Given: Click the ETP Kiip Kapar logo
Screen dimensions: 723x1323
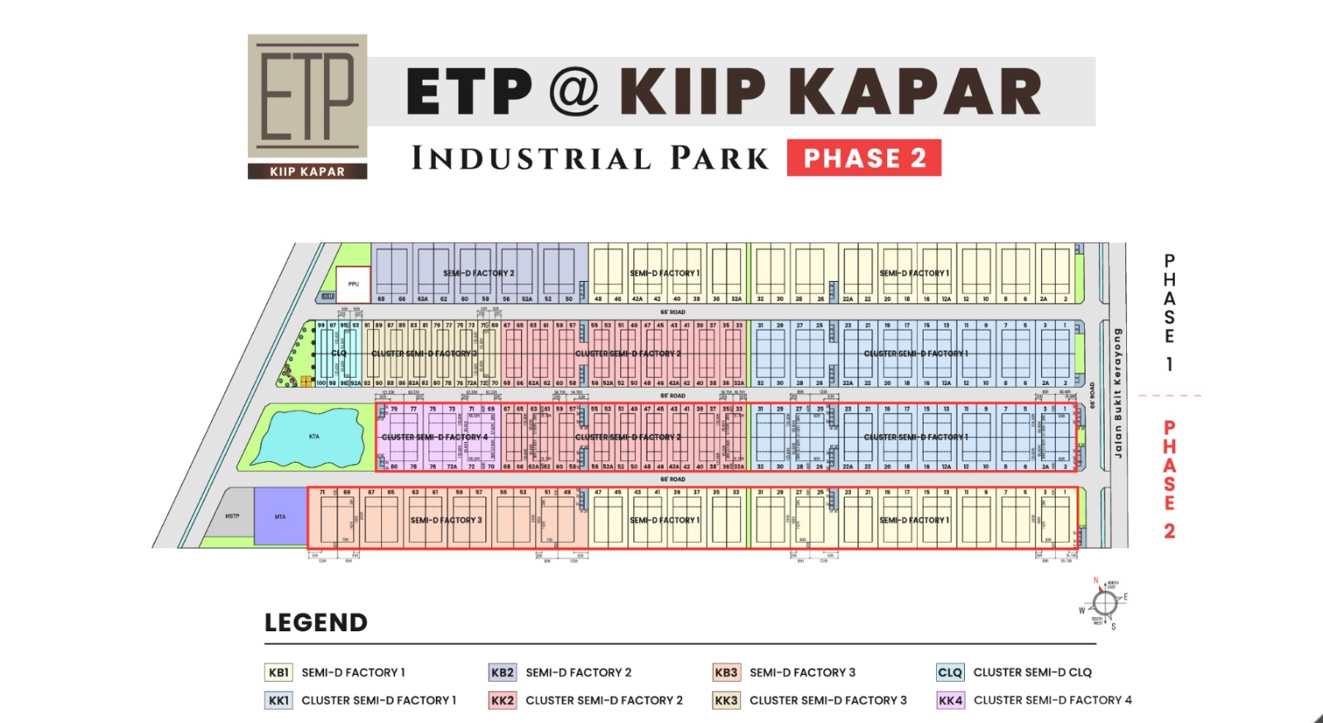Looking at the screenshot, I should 308,106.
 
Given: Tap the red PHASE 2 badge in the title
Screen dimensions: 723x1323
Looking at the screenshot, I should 864,158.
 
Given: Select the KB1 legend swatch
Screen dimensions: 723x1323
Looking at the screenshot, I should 279,673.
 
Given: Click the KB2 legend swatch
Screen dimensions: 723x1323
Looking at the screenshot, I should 502,673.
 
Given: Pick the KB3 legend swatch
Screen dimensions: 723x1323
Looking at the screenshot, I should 726,673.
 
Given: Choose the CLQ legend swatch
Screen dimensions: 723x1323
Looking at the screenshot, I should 950,673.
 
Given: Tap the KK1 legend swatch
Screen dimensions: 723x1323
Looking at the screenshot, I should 279,701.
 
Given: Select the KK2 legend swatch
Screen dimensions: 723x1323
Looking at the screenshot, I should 502,701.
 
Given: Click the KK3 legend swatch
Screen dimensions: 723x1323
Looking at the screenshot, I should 726,701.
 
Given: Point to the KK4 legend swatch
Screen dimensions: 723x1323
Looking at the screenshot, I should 950,701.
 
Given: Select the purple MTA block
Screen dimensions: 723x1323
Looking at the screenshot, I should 280,516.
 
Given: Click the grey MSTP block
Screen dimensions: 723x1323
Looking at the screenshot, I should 231,517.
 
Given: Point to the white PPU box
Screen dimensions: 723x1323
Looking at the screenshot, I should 353,283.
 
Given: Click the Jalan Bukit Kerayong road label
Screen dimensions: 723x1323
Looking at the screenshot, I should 1118,392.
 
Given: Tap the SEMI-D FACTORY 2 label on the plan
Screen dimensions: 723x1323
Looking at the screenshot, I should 479,273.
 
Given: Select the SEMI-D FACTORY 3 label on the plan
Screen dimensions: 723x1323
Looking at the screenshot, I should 447,521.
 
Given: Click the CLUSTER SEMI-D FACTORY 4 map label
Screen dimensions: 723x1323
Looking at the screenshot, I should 434,437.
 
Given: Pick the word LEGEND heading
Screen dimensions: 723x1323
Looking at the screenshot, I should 316,623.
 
